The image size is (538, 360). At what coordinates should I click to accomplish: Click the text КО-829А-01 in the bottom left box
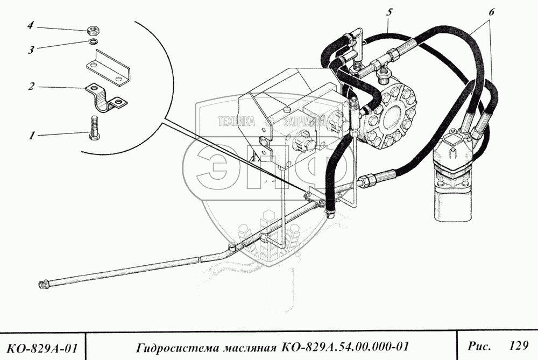(x=42, y=345)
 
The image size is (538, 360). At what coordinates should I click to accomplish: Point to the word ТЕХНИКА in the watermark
(x=236, y=122)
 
